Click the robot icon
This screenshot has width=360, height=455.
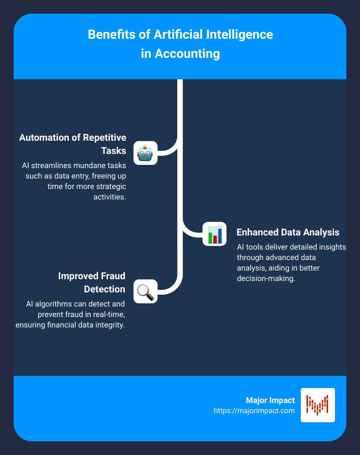(x=145, y=153)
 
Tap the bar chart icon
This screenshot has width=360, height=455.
(x=215, y=234)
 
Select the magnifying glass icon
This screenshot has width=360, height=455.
(x=145, y=291)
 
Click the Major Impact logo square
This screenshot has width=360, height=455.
(x=318, y=405)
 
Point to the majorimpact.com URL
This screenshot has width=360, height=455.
(x=254, y=411)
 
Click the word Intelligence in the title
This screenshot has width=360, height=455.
(x=240, y=35)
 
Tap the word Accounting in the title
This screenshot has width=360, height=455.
(x=187, y=54)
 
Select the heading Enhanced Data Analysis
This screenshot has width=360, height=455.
(x=288, y=232)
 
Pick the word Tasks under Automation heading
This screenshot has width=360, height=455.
(x=113, y=151)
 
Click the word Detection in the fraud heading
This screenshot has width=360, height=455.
(x=104, y=289)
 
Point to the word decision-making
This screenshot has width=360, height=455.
(x=266, y=279)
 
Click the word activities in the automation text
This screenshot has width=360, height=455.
(x=109, y=197)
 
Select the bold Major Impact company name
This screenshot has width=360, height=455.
(x=270, y=400)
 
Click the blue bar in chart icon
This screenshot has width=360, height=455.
(x=220, y=236)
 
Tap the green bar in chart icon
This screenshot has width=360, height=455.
(x=211, y=238)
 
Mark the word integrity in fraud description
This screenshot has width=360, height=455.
(x=112, y=325)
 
